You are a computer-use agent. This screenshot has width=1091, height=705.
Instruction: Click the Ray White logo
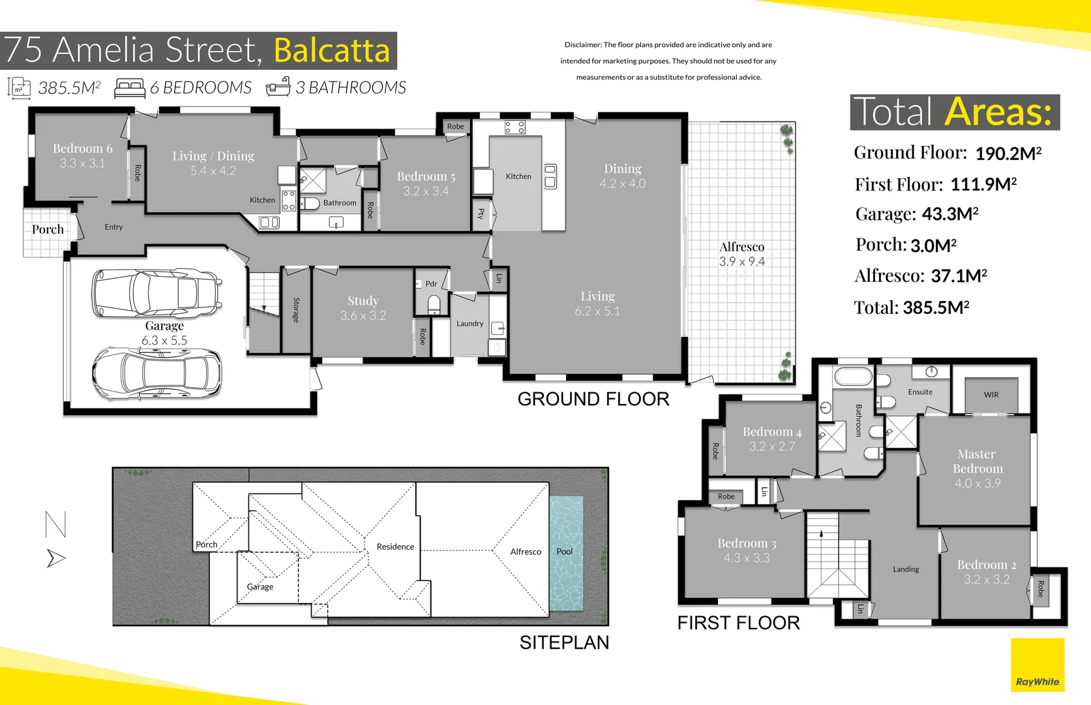tap(1038, 666)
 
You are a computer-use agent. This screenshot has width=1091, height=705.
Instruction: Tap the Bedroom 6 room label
tap(82, 149)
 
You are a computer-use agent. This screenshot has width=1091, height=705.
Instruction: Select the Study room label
tap(363, 301)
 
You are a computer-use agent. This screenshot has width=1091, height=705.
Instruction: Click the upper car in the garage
tap(157, 293)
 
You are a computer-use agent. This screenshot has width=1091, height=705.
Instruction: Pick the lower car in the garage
tap(157, 374)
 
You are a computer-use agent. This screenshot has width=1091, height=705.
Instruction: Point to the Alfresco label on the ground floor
tap(741, 247)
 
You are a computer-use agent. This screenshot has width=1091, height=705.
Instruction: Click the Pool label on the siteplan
tap(564, 552)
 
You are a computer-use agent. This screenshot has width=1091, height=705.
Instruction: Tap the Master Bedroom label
tap(977, 462)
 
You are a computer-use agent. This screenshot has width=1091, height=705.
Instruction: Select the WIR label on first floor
tap(991, 395)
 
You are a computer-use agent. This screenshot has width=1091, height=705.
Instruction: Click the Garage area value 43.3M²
tap(949, 214)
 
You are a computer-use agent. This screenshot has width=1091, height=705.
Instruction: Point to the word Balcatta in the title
tap(331, 50)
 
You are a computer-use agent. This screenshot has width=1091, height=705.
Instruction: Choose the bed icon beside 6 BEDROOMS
tap(129, 88)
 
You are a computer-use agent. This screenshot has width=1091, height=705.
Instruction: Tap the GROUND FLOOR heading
tap(593, 399)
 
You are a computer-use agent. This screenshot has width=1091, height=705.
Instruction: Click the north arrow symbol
tap(56, 558)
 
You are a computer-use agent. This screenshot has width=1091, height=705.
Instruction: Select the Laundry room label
tap(470, 324)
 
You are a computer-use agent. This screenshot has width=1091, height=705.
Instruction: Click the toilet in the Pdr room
tap(434, 304)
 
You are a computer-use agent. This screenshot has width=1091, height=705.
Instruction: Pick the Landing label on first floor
tap(905, 569)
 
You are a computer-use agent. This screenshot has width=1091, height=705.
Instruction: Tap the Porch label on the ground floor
tap(48, 230)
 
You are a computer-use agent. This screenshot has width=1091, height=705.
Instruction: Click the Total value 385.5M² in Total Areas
tap(935, 308)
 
